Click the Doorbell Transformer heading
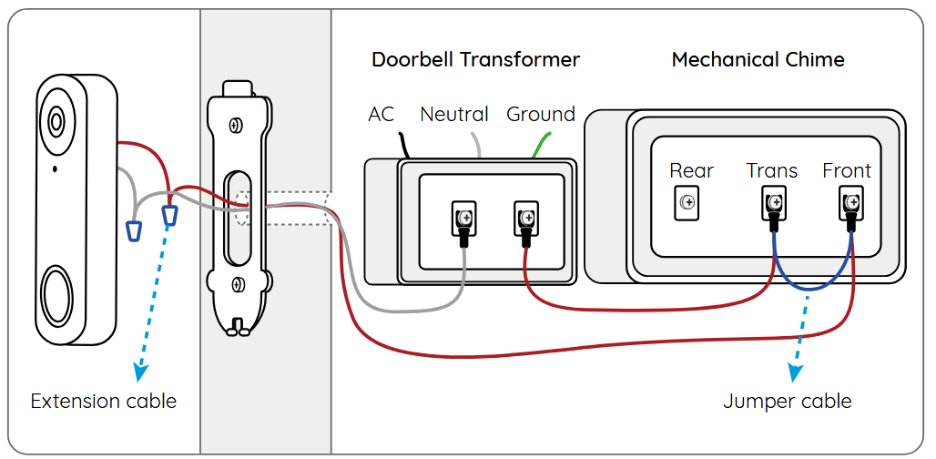coord(475,60)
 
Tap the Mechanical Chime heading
coord(758,60)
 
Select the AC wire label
coord(382,115)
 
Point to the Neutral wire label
coord(453,115)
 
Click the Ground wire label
coord(541,115)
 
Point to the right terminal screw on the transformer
coord(525,217)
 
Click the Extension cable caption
coord(104,401)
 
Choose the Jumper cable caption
coord(788,401)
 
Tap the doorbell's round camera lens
coord(56,121)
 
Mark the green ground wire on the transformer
coord(541,144)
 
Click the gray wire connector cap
coord(134,230)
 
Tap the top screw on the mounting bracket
coord(236,125)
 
